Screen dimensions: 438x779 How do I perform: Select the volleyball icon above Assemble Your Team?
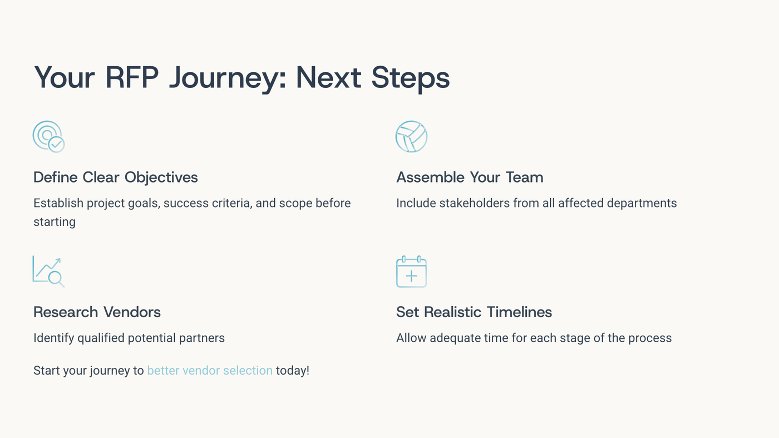click(x=411, y=136)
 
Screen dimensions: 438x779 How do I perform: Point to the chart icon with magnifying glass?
click(x=48, y=272)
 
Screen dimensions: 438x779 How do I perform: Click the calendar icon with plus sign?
click(x=411, y=272)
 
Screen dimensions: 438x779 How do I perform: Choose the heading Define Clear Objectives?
click(x=116, y=178)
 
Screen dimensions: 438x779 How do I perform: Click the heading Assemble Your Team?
click(x=470, y=178)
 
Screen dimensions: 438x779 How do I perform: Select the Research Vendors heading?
click(x=97, y=312)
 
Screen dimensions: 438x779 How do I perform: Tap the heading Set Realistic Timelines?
click(x=474, y=312)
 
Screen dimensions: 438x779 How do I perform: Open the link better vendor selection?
click(x=210, y=371)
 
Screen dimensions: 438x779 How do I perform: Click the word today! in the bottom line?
click(x=293, y=371)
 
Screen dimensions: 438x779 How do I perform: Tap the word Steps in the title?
click(x=411, y=77)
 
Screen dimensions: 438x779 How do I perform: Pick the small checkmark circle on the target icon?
click(x=56, y=144)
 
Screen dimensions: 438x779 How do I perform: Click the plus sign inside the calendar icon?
click(x=411, y=276)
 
